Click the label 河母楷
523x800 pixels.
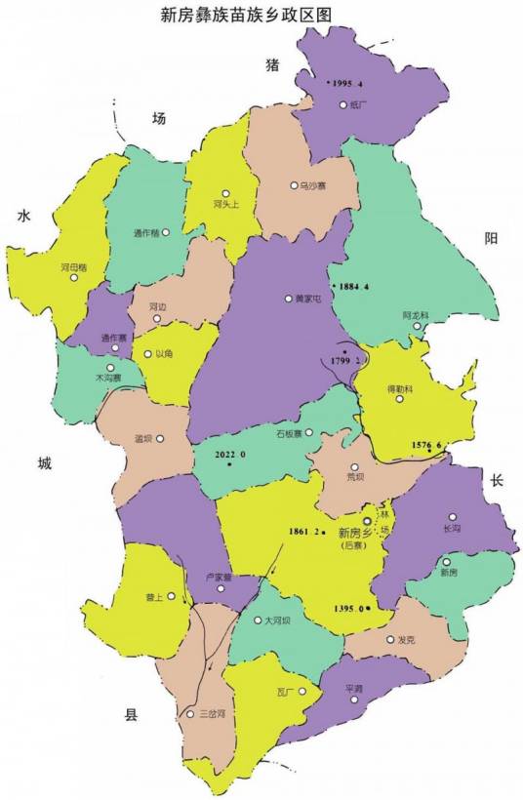pyautogui.click(x=74, y=265)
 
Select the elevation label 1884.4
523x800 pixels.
pyautogui.click(x=354, y=287)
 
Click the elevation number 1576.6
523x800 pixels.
pyautogui.click(x=426, y=445)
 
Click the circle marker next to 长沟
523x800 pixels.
pyautogui.click(x=453, y=517)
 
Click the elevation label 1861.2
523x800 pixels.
pyautogui.click(x=304, y=531)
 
